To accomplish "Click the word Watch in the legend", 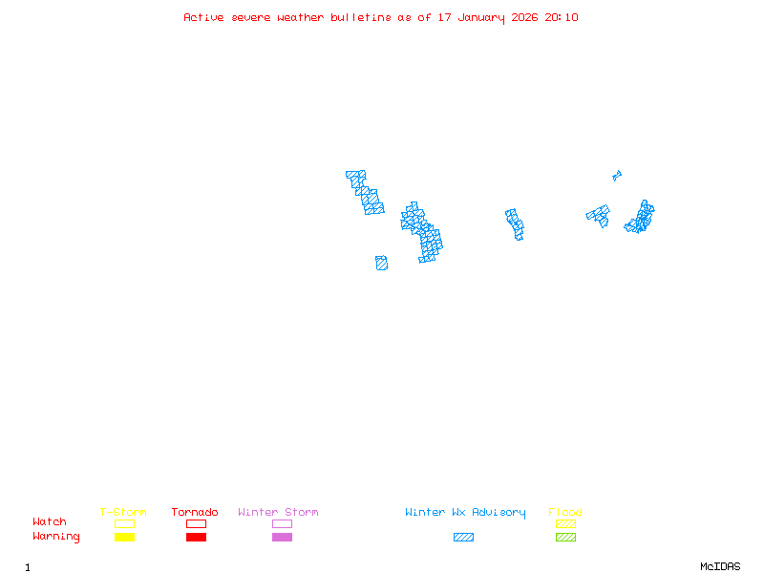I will pyautogui.click(x=50, y=522).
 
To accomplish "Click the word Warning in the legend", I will pyautogui.click(x=56, y=537).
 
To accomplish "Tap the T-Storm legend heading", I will pyautogui.click(x=123, y=513).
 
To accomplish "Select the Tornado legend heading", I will pyautogui.click(x=195, y=513).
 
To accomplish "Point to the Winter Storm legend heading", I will pyautogui.click(x=278, y=513).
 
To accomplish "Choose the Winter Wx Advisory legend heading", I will pyautogui.click(x=465, y=513).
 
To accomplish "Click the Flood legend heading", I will pyautogui.click(x=565, y=513).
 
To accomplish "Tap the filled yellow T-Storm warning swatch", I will pyautogui.click(x=124, y=538).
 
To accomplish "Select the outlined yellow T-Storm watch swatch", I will pyautogui.click(x=124, y=523).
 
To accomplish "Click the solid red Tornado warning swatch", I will pyautogui.click(x=196, y=538).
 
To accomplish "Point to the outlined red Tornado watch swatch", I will pyautogui.click(x=196, y=523).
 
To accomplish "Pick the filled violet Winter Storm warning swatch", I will pyautogui.click(x=282, y=538).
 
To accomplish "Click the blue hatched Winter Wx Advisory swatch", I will pyautogui.click(x=463, y=538).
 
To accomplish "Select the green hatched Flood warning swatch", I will pyautogui.click(x=565, y=538).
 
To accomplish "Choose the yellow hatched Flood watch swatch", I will pyautogui.click(x=565, y=523).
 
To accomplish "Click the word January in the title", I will pyautogui.click(x=482, y=17).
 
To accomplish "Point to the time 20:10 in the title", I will pyautogui.click(x=562, y=17).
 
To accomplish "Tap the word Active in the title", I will pyautogui.click(x=203, y=17).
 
